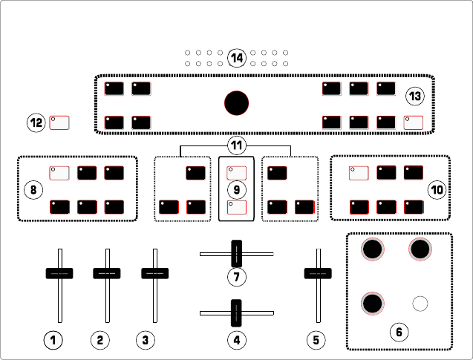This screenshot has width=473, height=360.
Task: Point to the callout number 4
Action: coord(236,341)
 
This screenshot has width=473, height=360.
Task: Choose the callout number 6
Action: coord(399,331)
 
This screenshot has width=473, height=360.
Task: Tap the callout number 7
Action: coord(236,278)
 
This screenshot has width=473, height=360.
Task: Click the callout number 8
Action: coord(33,190)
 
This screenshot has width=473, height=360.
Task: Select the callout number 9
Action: coord(236,190)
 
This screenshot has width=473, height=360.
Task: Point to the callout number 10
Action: coord(437,190)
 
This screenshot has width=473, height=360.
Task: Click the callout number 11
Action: coord(236,145)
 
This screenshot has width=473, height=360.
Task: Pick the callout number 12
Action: coord(36,122)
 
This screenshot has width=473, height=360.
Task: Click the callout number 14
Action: coord(236,58)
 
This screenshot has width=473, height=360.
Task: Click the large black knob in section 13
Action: coord(236,102)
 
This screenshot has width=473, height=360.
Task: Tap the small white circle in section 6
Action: coord(420,303)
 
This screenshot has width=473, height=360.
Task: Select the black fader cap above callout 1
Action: coord(59,273)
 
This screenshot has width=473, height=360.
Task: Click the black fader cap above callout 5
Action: coord(317,273)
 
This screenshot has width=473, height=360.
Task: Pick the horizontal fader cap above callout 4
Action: coord(236,313)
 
